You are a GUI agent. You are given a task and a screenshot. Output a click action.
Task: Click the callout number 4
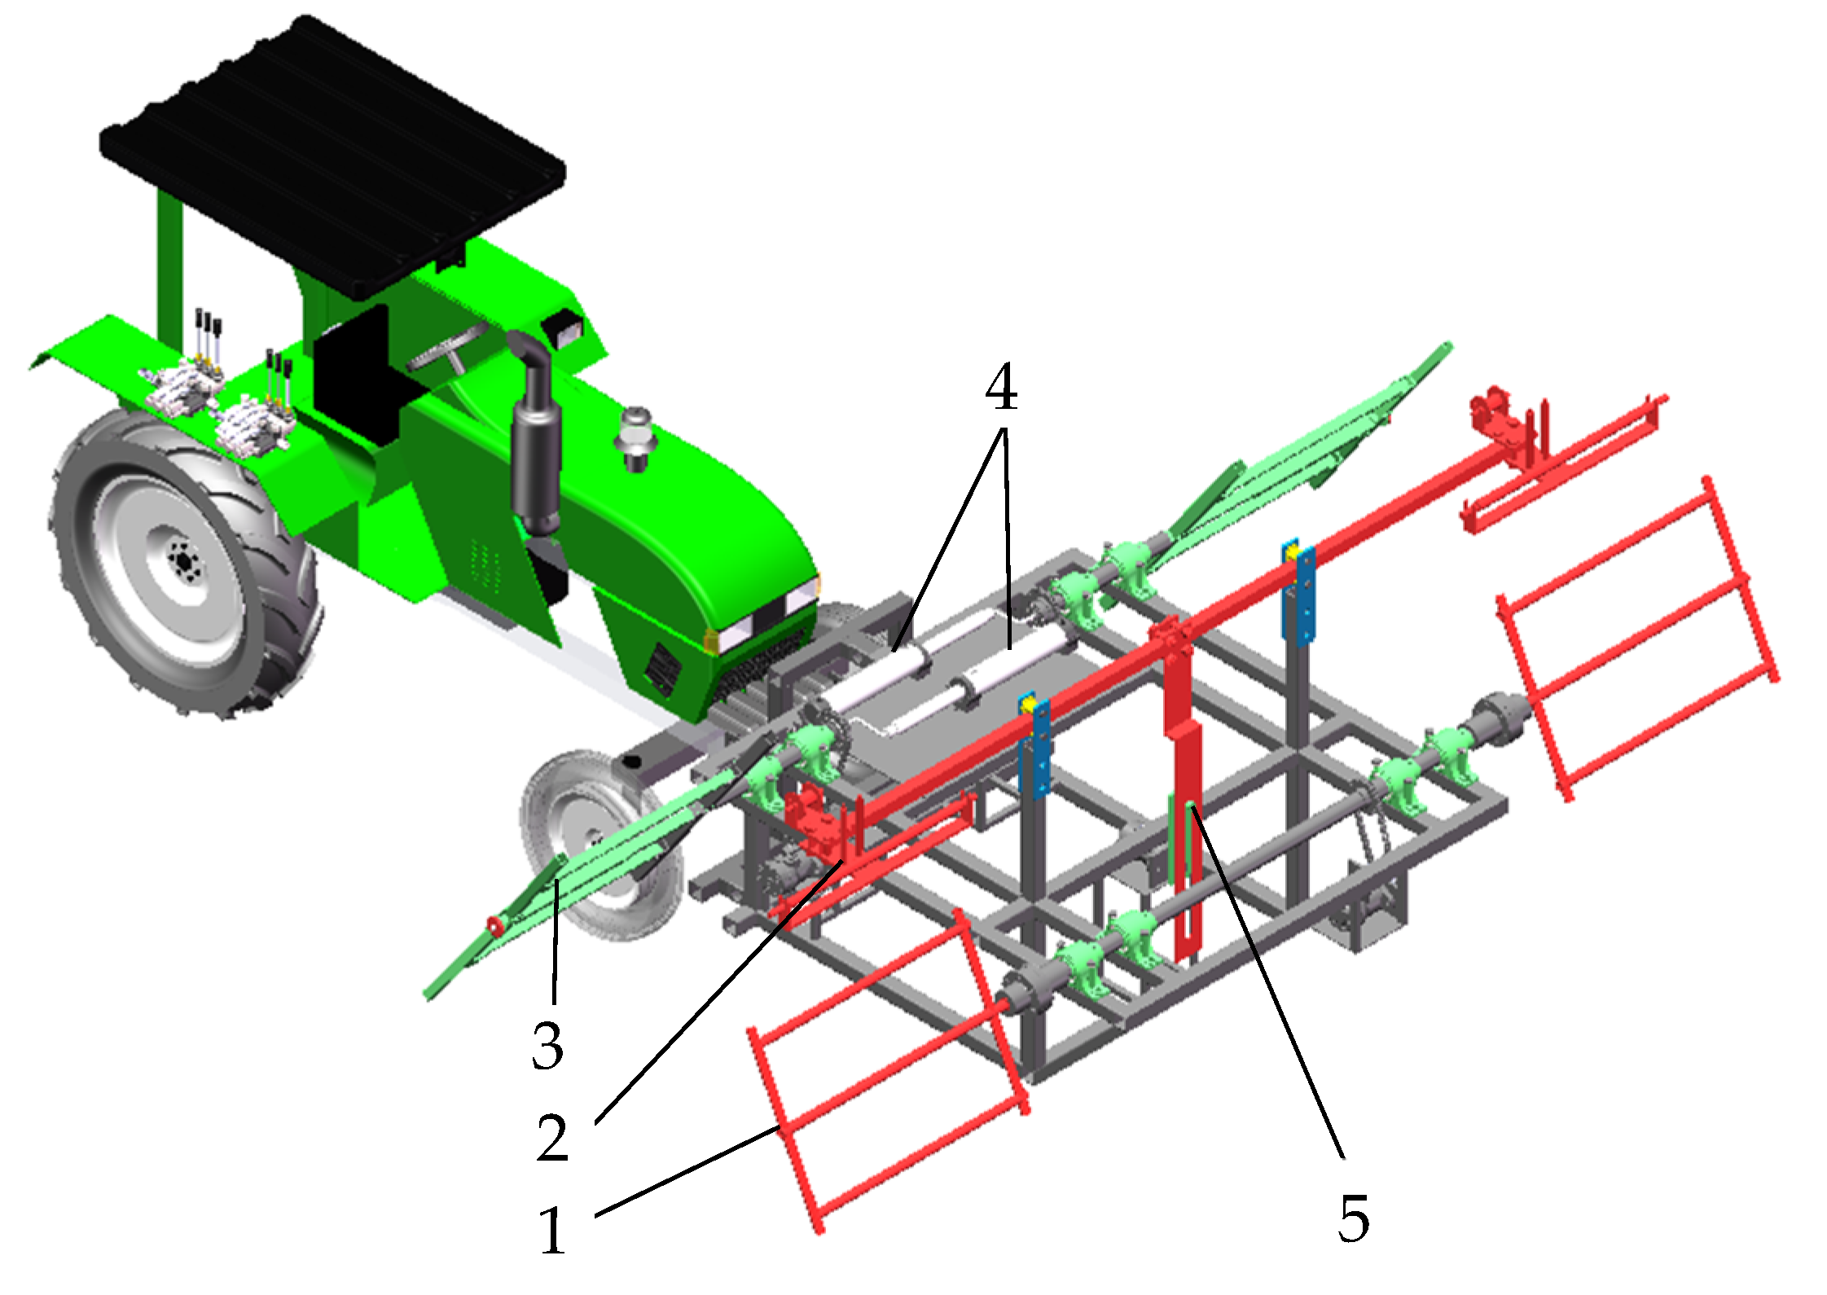(1001, 389)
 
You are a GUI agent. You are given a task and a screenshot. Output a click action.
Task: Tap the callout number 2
(552, 1137)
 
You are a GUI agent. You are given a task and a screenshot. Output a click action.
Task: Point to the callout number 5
(1353, 1218)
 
